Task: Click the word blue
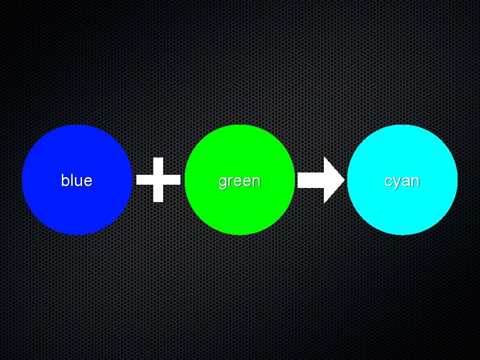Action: click(x=76, y=180)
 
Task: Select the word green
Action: click(x=239, y=181)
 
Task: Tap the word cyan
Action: click(x=402, y=181)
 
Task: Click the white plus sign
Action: click(x=158, y=180)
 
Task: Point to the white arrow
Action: click(x=321, y=180)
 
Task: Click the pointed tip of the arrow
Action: click(x=343, y=180)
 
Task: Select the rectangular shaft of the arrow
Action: click(x=311, y=180)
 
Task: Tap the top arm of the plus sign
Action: click(x=158, y=165)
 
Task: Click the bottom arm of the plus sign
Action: click(x=158, y=194)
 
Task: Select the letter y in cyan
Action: click(x=396, y=183)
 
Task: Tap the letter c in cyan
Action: click(x=388, y=181)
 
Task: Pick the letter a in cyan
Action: click(x=405, y=181)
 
